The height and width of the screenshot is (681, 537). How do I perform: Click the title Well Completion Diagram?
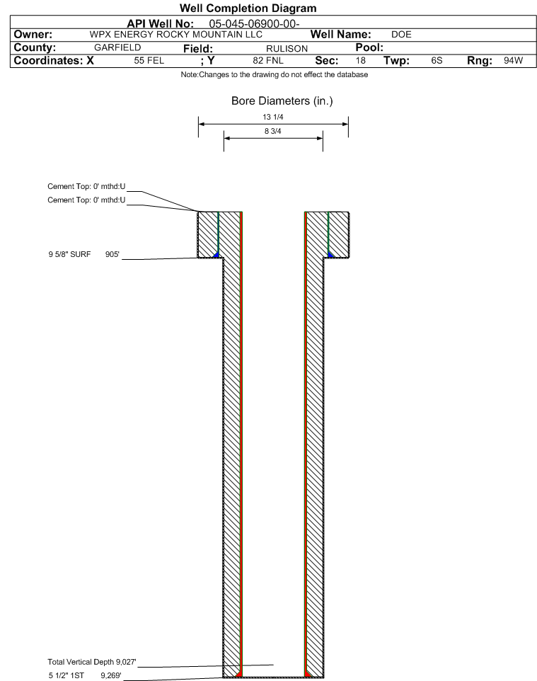(248, 8)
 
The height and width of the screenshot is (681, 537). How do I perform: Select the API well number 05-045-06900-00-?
(254, 23)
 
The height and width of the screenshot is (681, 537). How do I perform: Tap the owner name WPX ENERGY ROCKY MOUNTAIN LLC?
(176, 34)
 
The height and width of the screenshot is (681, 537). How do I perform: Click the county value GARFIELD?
(117, 47)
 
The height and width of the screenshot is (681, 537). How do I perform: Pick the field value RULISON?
(287, 49)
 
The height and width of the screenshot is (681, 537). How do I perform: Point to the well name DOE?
(401, 34)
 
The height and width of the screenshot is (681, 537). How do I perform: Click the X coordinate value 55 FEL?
(149, 60)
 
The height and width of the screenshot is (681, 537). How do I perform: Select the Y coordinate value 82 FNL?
(268, 60)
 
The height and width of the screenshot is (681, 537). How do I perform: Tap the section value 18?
(360, 60)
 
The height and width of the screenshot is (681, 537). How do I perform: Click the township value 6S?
(437, 60)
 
